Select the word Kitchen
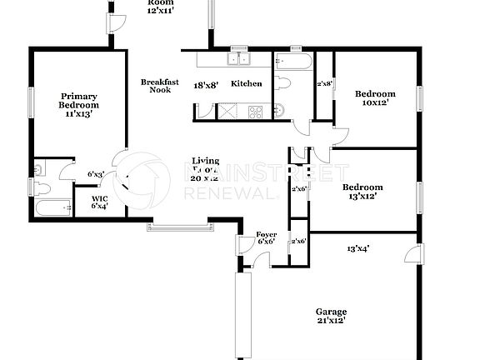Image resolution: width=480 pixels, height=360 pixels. pyautogui.click(x=247, y=83)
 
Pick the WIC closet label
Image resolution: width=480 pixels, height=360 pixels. pyautogui.click(x=99, y=201)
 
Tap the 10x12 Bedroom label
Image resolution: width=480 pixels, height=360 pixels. pyautogui.click(x=374, y=98)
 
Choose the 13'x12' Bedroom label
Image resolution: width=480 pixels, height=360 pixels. pyautogui.click(x=362, y=192)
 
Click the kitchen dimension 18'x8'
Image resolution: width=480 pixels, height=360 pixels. pyautogui.click(x=206, y=85)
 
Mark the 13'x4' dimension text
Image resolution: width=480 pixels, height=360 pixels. pyautogui.click(x=358, y=247)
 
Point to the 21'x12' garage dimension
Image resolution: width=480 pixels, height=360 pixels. pyautogui.click(x=331, y=319)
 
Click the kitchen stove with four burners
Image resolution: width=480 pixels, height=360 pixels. pyautogui.click(x=255, y=110)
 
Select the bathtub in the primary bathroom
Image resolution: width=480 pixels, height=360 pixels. pyautogui.click(x=53, y=207)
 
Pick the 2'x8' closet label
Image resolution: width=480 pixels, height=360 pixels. pyautogui.click(x=324, y=83)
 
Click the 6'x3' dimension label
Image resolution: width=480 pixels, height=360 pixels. pyautogui.click(x=96, y=174)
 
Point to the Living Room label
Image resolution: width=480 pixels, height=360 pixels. pyautogui.click(x=206, y=165)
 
